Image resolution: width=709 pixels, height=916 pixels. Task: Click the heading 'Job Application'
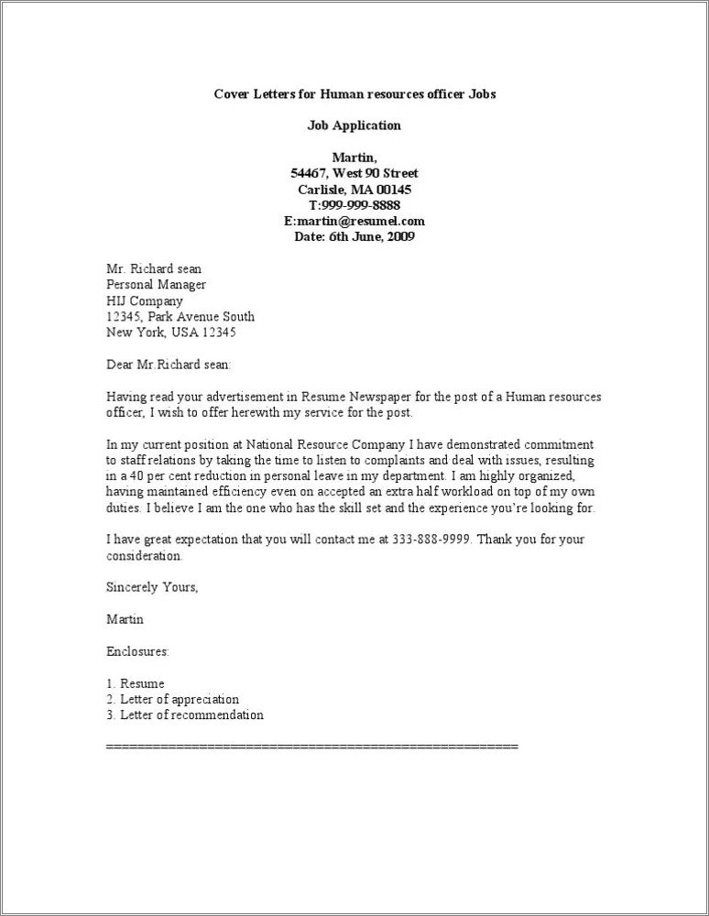(x=354, y=125)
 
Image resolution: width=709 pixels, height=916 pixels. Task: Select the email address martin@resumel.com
(x=364, y=221)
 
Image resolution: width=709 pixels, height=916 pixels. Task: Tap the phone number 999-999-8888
(x=360, y=205)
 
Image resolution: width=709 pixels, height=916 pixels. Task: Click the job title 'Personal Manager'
(x=157, y=285)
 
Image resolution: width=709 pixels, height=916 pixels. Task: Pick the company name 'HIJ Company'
(x=145, y=300)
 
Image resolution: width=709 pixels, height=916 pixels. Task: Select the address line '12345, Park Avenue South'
(x=180, y=316)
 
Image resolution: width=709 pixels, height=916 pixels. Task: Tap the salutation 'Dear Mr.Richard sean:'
(x=169, y=365)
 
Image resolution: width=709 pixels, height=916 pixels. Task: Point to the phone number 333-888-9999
(x=431, y=540)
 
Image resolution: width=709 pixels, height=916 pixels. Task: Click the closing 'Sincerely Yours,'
(x=152, y=587)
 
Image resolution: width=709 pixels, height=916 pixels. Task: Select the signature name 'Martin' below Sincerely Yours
(x=125, y=619)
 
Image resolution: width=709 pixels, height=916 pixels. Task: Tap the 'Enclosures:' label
(x=138, y=651)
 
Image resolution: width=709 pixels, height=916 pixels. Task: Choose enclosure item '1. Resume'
(x=136, y=683)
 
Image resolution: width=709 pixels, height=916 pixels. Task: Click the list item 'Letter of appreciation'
(x=179, y=699)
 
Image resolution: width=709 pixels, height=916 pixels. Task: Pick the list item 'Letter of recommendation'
(x=191, y=714)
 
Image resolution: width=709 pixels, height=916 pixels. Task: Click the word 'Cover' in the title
(x=231, y=94)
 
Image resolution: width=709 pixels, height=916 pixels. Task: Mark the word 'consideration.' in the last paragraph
(x=145, y=555)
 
